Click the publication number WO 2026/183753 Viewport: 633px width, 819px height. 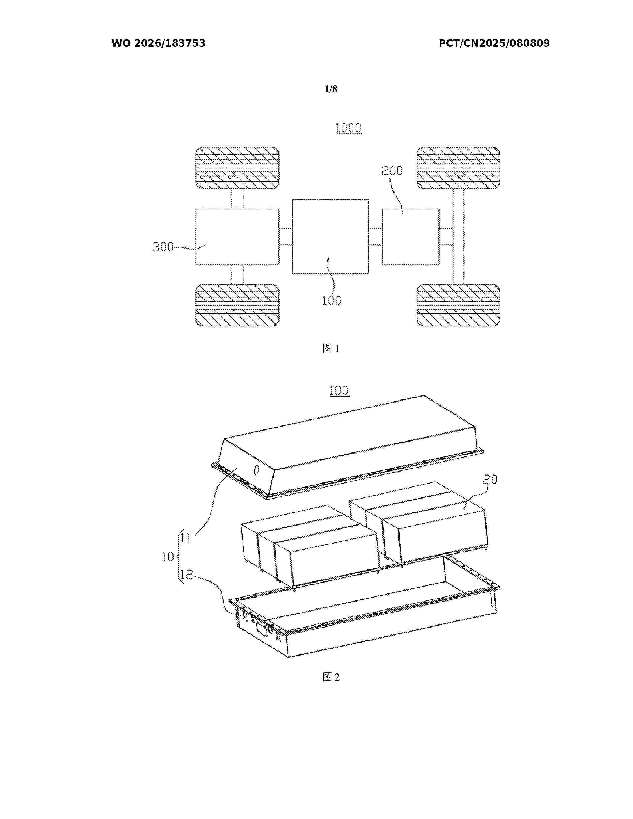[x=158, y=43]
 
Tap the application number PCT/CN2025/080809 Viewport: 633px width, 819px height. [x=494, y=43]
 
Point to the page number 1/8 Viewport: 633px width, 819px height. [x=331, y=89]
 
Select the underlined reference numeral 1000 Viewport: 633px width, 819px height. [x=349, y=128]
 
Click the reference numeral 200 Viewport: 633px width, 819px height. [x=392, y=171]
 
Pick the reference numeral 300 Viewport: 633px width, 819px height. [x=163, y=247]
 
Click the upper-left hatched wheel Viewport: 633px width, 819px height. [x=237, y=168]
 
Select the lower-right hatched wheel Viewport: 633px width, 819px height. [x=458, y=305]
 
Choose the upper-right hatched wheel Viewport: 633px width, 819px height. [x=458, y=168]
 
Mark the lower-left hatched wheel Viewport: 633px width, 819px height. [x=237, y=305]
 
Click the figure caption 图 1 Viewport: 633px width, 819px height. [x=331, y=349]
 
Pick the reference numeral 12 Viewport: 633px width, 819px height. [x=187, y=575]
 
